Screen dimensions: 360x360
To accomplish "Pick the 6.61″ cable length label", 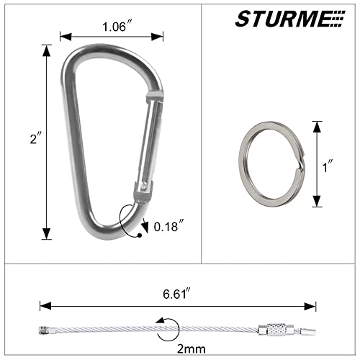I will coord(176,293).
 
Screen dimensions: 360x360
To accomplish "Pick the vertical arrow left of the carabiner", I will coord(48,141).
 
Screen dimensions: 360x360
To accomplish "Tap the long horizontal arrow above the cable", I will coord(178,305).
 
